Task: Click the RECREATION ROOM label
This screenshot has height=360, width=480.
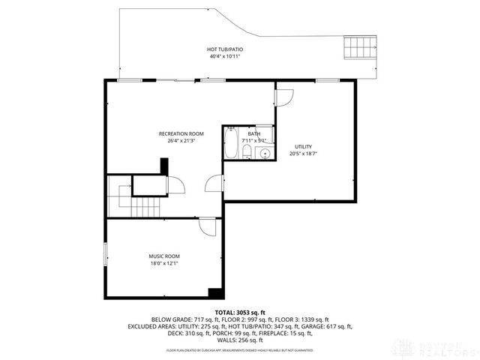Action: pos(181,133)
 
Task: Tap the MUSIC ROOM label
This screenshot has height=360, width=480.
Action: pos(163,256)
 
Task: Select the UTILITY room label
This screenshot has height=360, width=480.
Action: pos(303,146)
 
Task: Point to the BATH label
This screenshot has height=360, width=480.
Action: pos(244,133)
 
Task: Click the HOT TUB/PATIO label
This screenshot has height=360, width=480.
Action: pos(225,49)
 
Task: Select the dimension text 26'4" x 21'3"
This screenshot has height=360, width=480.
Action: pos(181,140)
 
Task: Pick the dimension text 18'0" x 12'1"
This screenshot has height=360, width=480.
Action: pos(163,263)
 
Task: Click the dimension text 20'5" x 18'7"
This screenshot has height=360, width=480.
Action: pos(303,154)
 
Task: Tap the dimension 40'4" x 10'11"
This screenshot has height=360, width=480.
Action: pos(225,56)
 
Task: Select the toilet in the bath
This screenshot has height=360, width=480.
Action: pos(246,154)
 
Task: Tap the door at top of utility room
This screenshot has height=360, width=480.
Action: pos(284,97)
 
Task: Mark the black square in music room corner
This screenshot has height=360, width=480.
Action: pos(215,292)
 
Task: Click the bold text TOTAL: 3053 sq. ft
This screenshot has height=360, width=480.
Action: pos(240,312)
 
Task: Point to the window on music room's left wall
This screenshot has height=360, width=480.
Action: pos(105,256)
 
